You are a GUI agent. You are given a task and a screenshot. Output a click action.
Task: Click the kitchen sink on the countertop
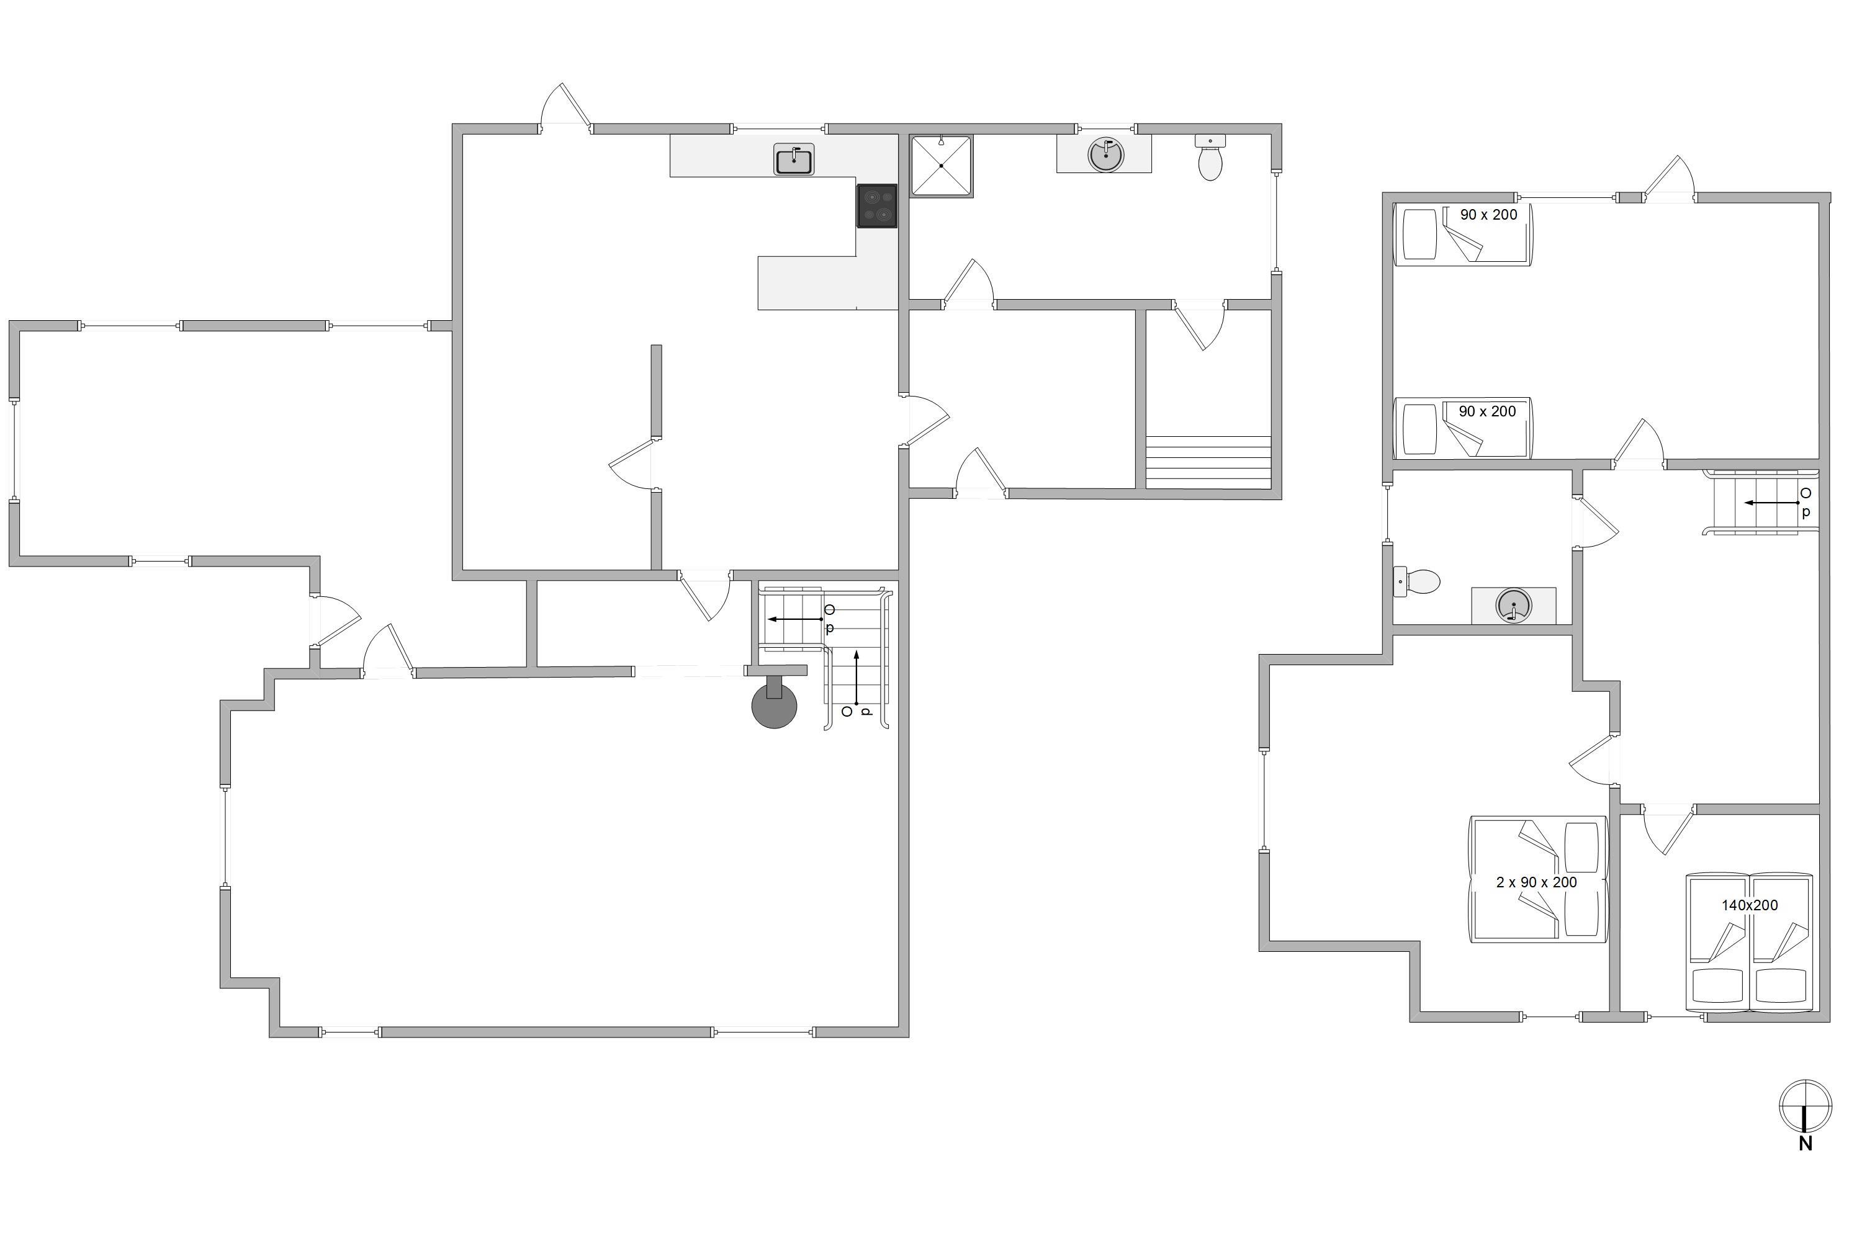793,160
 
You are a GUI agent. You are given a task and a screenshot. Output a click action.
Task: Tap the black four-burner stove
876,206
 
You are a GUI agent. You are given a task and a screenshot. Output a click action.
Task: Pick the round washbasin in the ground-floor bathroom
1105,155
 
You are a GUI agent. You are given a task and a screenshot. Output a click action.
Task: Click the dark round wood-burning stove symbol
773,704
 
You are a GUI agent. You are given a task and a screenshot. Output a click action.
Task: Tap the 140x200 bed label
1750,905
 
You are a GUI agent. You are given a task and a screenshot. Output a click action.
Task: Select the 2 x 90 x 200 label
1537,882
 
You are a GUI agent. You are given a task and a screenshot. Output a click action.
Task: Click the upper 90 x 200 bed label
1489,215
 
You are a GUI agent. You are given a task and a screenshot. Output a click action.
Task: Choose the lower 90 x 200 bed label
1488,411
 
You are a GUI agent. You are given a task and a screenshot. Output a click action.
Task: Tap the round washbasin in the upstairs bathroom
1514,606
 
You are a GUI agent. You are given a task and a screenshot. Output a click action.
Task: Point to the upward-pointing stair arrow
856,678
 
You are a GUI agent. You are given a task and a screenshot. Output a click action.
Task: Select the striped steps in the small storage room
1208,462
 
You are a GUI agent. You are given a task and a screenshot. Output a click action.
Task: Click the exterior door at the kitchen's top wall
566,107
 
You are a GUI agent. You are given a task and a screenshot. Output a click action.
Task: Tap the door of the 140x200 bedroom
1668,828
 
